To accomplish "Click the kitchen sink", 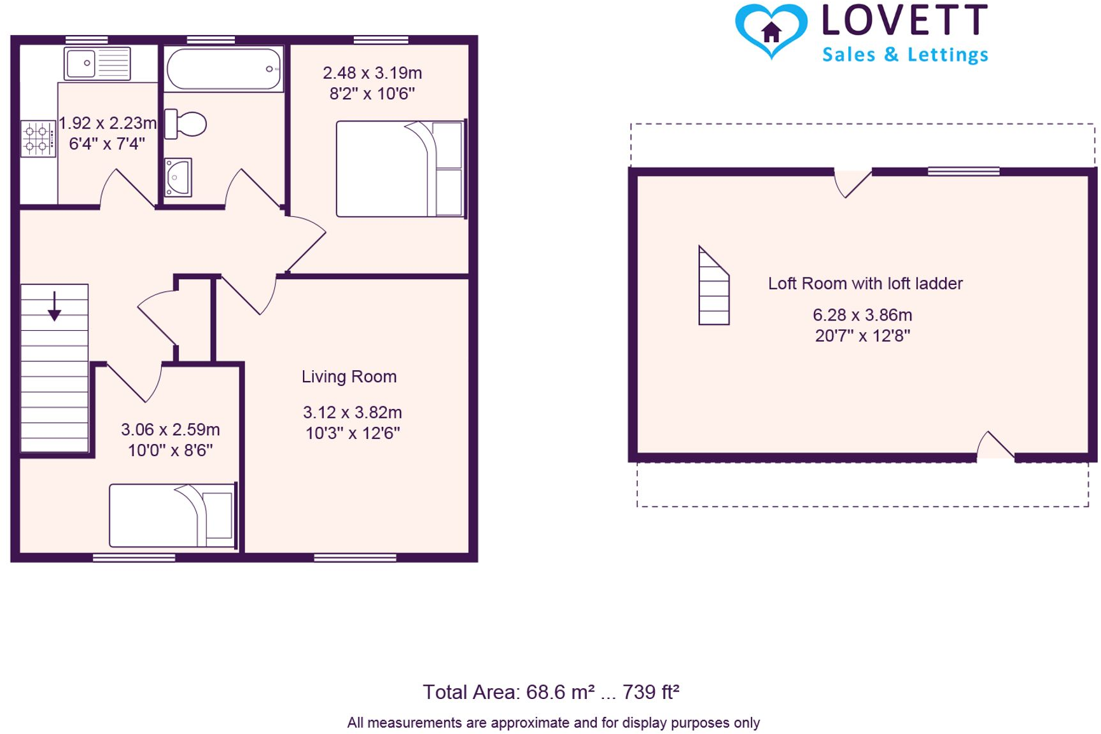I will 97,64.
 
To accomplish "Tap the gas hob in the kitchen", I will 38,139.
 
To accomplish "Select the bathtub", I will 223,69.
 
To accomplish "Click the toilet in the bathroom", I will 186,124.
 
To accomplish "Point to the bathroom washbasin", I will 178,177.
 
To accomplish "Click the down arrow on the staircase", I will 55,307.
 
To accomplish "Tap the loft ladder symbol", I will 713,287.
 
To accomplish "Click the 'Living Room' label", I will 349,377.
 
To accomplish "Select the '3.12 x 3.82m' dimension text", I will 352,412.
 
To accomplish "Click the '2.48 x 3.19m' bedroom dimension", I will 372,73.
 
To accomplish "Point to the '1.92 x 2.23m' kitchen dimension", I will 107,123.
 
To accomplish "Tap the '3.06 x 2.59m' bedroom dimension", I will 170,429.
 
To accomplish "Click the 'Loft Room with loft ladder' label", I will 865,284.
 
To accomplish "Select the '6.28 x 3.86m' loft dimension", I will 862,315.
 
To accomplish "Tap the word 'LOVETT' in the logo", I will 905,20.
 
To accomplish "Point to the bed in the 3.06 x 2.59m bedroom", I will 172,515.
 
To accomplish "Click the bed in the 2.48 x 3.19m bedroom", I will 400,169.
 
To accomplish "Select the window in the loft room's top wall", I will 964,171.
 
